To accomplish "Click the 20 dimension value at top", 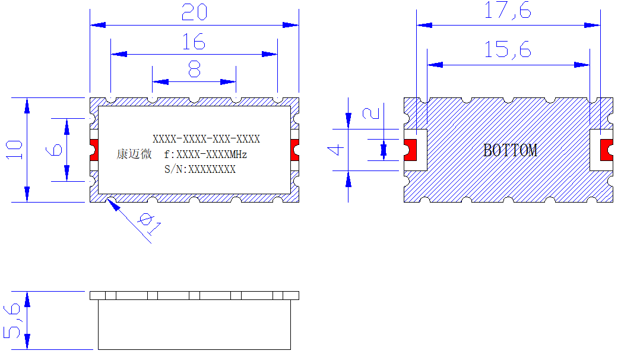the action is (194, 12).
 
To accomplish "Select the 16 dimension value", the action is (194, 42).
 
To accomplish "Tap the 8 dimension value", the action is (194, 70).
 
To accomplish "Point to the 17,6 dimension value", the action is (508, 10).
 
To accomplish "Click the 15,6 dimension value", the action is (508, 50).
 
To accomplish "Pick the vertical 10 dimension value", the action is (14, 150).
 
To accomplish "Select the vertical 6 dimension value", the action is (54, 150).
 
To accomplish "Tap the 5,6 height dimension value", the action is (12, 321).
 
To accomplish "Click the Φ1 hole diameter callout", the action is (150, 223).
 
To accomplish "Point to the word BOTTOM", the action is (510, 150).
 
